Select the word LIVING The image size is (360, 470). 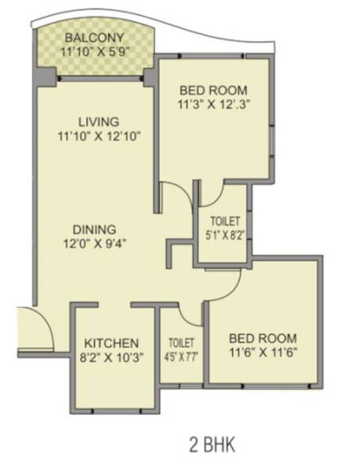click(99, 122)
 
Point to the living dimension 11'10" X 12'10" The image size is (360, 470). click(99, 137)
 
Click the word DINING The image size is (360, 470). click(95, 229)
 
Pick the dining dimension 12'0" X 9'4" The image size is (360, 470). click(95, 243)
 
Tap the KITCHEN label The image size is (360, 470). click(112, 343)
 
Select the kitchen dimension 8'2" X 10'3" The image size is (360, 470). click(112, 358)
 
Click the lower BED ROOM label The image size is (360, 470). click(263, 338)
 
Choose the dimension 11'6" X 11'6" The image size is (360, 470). click(263, 352)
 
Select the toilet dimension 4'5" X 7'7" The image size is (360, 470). click(181, 356)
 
